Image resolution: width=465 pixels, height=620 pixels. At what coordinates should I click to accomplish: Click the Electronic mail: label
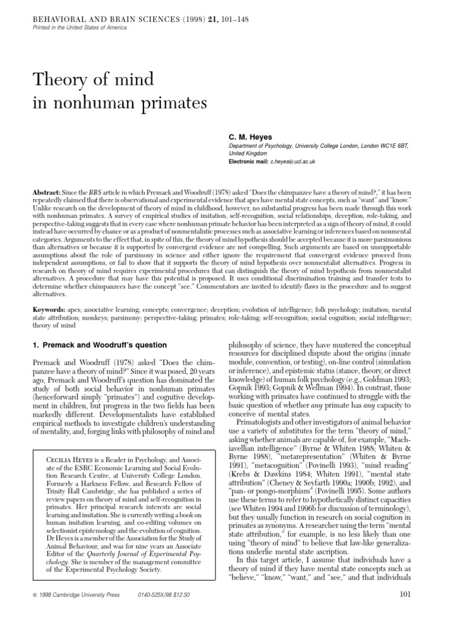[251, 162]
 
